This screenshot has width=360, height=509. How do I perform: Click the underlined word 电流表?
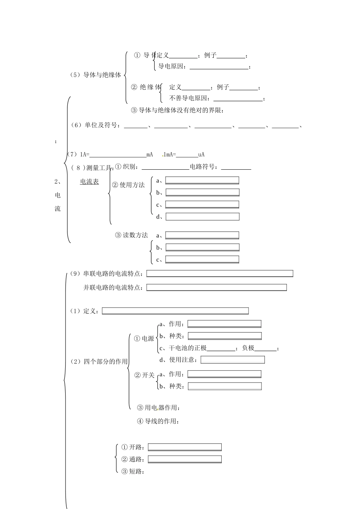[x=89, y=182]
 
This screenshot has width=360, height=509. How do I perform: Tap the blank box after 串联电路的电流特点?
[x=220, y=273]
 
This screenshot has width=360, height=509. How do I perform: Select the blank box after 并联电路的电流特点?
[x=216, y=287]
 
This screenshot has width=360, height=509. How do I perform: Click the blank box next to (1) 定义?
[x=175, y=311]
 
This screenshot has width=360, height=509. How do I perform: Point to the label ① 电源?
[x=144, y=339]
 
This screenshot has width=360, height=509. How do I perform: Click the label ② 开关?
[x=144, y=375]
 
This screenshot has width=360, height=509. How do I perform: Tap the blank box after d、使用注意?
[x=232, y=360]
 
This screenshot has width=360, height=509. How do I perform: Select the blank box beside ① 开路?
[x=185, y=447]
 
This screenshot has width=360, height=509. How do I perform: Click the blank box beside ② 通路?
[x=185, y=459]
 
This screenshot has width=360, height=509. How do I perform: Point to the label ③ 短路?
[x=132, y=472]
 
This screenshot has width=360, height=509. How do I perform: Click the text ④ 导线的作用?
[x=158, y=421]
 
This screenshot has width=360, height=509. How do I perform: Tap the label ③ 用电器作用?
[x=158, y=408]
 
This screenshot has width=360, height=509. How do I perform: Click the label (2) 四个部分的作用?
[x=99, y=362]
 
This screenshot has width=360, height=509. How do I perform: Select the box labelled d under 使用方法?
[x=202, y=217]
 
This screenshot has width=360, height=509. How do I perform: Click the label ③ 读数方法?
[x=131, y=235]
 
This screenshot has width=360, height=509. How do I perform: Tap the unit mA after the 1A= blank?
[x=149, y=155]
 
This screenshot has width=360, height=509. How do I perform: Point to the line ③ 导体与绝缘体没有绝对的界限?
[x=177, y=110]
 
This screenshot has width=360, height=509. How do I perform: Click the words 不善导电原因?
[x=189, y=98]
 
